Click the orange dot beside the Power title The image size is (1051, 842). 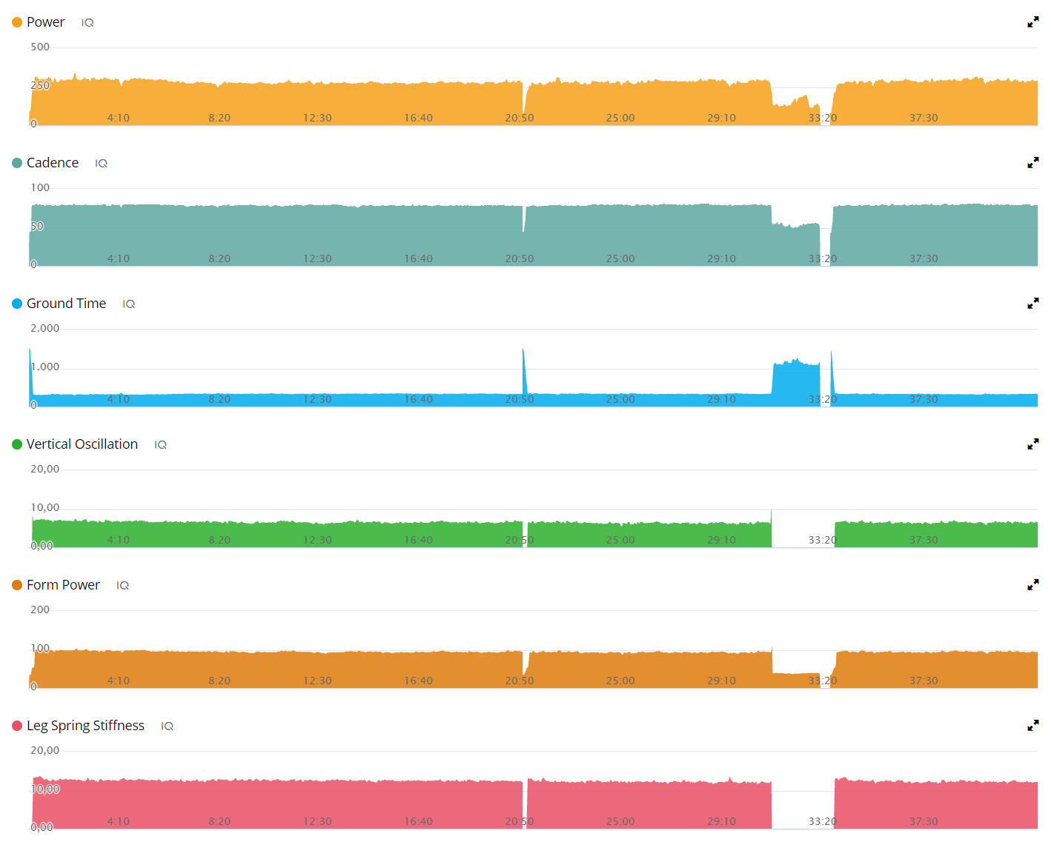(x=17, y=22)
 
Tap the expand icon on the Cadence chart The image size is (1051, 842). (x=1032, y=162)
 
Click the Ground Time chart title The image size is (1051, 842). (x=66, y=304)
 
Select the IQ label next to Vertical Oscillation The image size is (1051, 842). (x=161, y=444)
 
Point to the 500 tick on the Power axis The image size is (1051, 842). (x=40, y=47)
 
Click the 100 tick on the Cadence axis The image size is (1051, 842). (x=40, y=187)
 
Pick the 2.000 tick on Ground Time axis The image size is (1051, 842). (x=45, y=328)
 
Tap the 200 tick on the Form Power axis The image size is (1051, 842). (x=40, y=609)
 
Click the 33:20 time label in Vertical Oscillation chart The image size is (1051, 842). (x=823, y=540)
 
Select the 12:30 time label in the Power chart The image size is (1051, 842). (x=317, y=118)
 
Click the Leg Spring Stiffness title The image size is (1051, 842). (x=85, y=726)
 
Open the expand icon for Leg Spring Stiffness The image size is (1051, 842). (x=1032, y=725)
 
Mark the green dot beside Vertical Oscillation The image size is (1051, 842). (x=17, y=444)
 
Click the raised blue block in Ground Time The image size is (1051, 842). (x=796, y=383)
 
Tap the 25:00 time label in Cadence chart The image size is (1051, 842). (x=620, y=258)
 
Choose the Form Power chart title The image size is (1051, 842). (x=63, y=585)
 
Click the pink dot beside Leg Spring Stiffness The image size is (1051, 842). (x=17, y=726)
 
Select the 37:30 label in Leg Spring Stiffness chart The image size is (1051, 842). (x=924, y=821)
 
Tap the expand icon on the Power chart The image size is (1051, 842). (x=1032, y=22)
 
